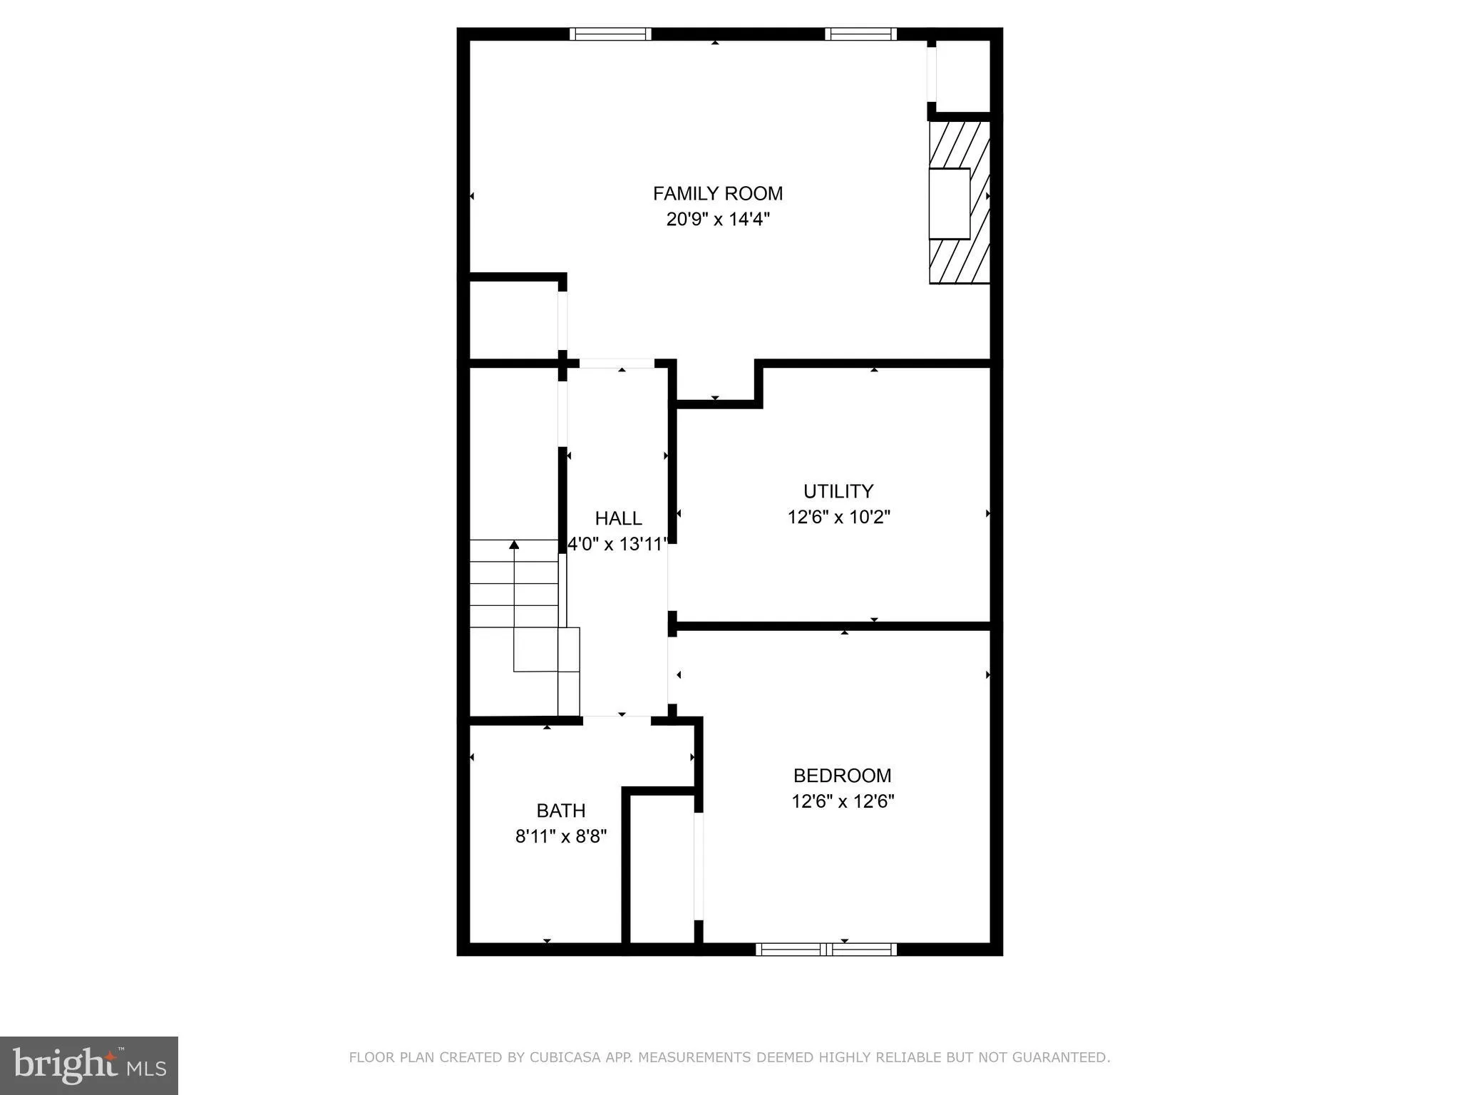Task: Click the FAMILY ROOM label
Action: pos(717,194)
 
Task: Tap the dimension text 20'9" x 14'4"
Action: pos(718,219)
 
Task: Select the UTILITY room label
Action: pos(838,491)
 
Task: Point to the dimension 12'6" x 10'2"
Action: pos(838,517)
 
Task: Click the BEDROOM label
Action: pos(842,776)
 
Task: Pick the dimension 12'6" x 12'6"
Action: pos(843,801)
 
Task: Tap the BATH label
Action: pos(561,811)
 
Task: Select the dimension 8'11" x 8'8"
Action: pos(561,836)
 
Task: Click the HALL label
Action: pos(618,518)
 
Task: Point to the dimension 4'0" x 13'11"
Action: pos(617,545)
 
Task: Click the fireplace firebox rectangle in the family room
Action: pos(949,204)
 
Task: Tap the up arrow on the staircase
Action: pos(514,546)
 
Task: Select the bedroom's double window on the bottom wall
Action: pos(826,949)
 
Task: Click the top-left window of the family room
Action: pos(610,34)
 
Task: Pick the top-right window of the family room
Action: pos(860,34)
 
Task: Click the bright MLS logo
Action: pos(89,1065)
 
